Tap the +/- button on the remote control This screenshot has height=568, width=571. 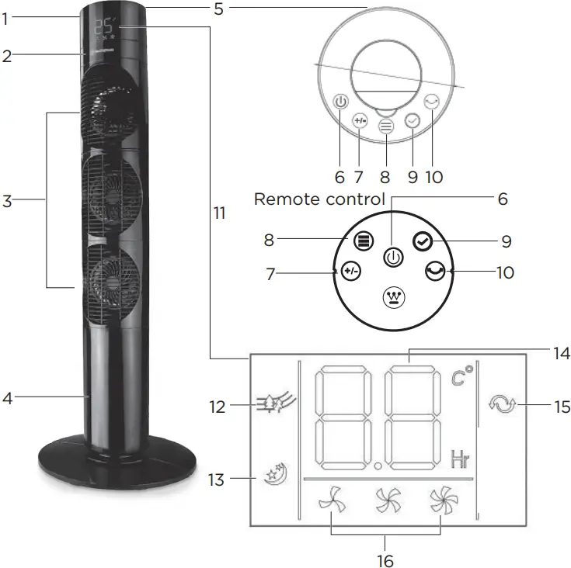click(350, 272)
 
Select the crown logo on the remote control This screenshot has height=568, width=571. click(395, 298)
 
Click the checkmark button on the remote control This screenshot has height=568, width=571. click(421, 241)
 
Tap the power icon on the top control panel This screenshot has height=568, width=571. click(340, 102)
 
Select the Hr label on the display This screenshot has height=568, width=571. click(461, 459)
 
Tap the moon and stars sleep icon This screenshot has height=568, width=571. click(274, 470)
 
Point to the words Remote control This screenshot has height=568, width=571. click(319, 199)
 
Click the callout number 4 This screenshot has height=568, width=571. click(7, 398)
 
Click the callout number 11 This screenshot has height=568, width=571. click(219, 212)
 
